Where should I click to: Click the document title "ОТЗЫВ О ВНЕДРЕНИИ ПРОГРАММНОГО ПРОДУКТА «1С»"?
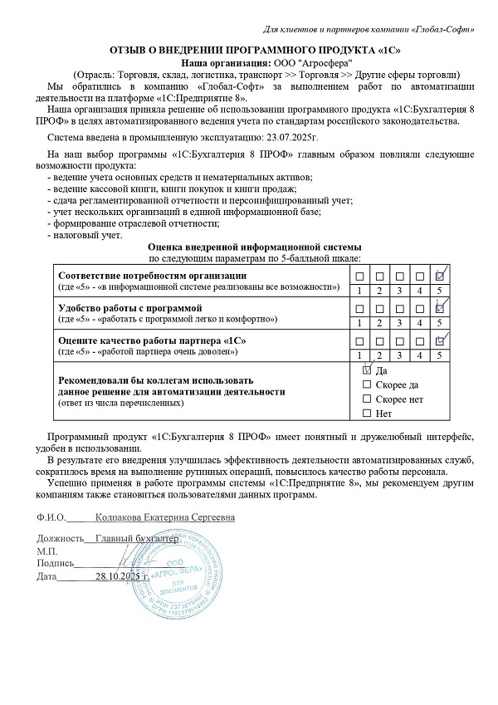pos(249,48)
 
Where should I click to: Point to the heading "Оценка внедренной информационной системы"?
pos(254,247)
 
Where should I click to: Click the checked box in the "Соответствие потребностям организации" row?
pos(442,276)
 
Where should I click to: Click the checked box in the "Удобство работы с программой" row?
pos(442,307)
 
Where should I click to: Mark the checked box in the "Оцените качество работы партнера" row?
pos(442,340)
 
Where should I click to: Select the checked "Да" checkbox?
pos(368,370)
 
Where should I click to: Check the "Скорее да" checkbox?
pos(368,384)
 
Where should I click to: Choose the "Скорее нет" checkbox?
pos(368,399)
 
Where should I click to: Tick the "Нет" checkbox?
pos(368,414)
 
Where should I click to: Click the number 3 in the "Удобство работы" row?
pos(400,322)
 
